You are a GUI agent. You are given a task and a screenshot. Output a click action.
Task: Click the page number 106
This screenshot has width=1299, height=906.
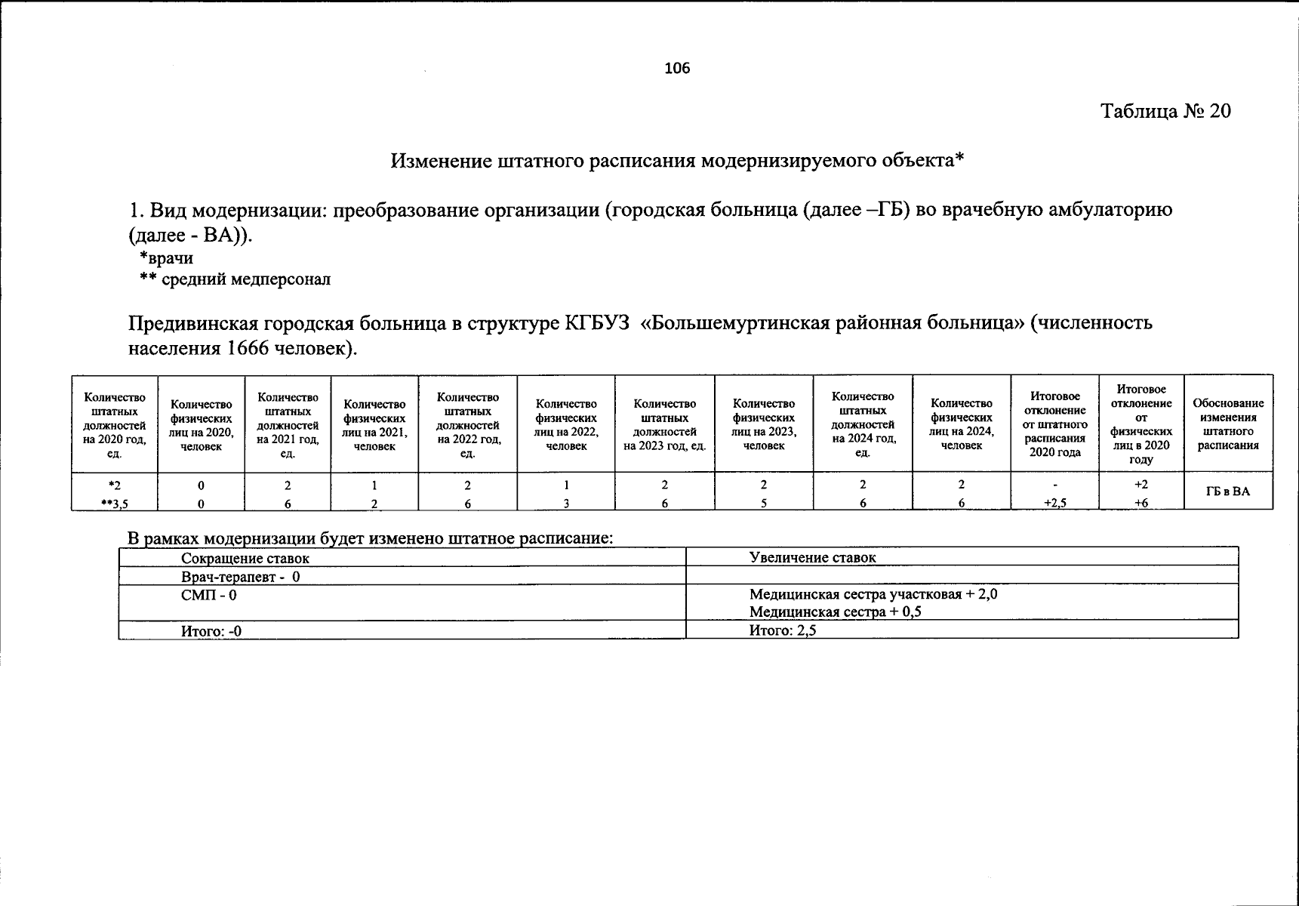click(x=677, y=69)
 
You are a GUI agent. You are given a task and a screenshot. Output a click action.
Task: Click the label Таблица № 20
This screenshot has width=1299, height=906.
click(x=1165, y=111)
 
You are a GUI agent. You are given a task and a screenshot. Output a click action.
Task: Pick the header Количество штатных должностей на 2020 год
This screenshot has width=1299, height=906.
click(x=115, y=425)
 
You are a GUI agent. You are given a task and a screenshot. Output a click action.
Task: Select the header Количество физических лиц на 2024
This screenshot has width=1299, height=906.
click(x=962, y=424)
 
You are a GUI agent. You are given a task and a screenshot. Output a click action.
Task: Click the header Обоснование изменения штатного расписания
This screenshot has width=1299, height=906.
click(x=1228, y=424)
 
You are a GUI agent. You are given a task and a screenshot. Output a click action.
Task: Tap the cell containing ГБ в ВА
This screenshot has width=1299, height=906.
click(x=1228, y=492)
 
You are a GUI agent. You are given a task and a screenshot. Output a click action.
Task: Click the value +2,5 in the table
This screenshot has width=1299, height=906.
click(x=1054, y=503)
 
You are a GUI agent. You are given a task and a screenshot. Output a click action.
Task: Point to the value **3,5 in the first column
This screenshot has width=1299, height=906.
click(x=115, y=503)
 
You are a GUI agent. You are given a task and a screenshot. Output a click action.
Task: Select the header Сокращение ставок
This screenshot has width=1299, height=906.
click(x=245, y=559)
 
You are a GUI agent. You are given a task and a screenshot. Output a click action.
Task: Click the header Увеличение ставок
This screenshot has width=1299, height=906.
click(x=813, y=558)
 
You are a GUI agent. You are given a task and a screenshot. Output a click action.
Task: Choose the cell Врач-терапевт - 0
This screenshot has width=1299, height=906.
click(x=241, y=577)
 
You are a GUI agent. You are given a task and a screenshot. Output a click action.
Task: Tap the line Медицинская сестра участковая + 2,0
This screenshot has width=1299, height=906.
click(x=873, y=594)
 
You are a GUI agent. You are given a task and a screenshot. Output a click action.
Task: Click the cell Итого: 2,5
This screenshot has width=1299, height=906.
click(x=783, y=630)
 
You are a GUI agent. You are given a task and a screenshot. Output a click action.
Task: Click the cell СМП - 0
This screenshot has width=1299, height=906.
click(x=209, y=595)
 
